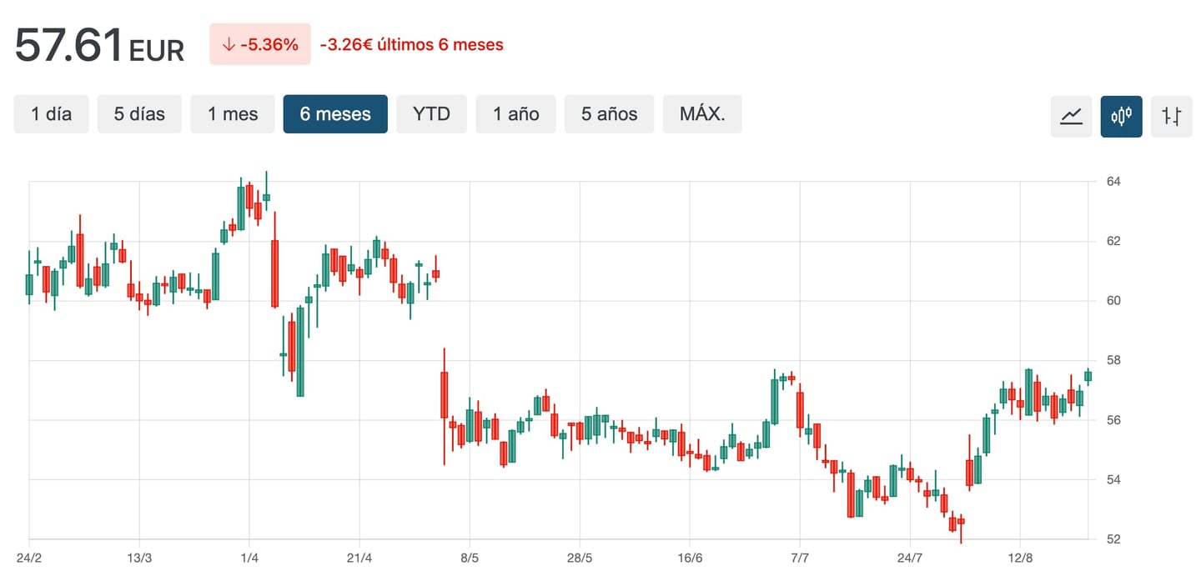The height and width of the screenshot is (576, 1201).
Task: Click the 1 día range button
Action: (x=52, y=114)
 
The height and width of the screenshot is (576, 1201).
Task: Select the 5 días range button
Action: (x=140, y=114)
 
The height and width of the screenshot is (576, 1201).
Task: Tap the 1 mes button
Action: (x=233, y=114)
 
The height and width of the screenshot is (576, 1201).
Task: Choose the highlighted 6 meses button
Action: (x=335, y=114)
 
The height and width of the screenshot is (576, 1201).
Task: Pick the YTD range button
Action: (x=432, y=114)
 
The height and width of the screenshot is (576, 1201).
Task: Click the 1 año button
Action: (x=516, y=114)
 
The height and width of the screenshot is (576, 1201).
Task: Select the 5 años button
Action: (x=610, y=114)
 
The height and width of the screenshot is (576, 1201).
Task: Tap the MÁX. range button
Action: (x=702, y=114)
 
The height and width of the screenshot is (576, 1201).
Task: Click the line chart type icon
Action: (x=1071, y=116)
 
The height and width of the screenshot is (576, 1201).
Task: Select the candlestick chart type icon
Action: (x=1122, y=116)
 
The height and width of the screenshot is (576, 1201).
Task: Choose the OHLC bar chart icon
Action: (x=1172, y=116)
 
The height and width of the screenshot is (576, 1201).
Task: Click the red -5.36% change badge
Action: (x=260, y=44)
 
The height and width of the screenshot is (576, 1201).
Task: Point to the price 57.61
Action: (x=69, y=45)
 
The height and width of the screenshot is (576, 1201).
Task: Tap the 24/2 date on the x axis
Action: (x=29, y=557)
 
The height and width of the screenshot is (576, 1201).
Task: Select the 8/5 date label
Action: (x=470, y=557)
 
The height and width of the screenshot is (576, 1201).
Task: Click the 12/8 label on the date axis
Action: (x=1021, y=557)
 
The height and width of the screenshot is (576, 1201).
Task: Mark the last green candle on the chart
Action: (x=1088, y=376)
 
